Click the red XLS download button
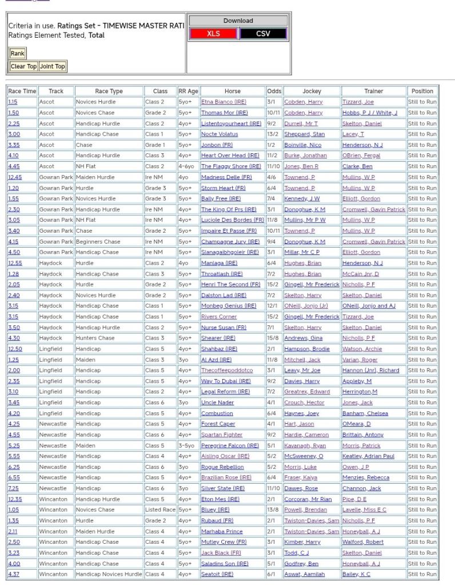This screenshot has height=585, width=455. point(213,34)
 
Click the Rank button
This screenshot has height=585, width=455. point(17,53)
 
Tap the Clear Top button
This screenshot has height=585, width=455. point(23,66)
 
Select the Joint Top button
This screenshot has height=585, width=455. point(53,66)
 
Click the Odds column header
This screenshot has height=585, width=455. point(274,91)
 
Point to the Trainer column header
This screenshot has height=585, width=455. point(373,91)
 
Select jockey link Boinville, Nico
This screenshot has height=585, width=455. point(302,145)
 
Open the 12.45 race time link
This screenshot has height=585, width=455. point(15,177)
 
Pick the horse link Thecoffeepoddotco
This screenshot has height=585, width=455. point(227,370)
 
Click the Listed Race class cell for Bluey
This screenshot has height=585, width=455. point(160,510)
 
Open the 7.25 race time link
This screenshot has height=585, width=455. point(13,488)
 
